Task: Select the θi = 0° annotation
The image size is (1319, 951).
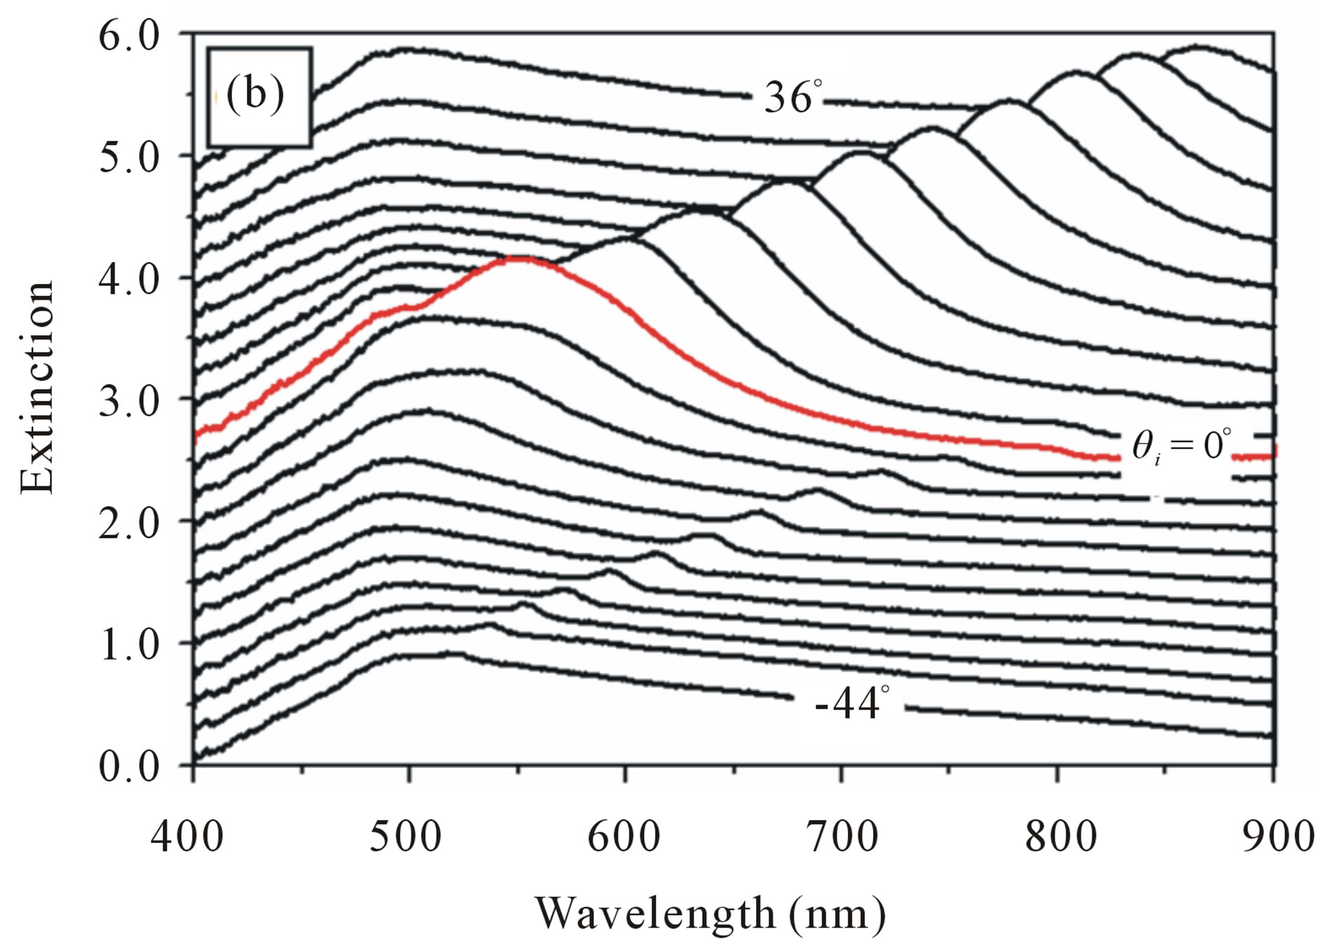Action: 1182,446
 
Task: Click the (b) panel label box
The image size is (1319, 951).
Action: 259,97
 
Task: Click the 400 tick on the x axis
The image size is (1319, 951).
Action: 188,836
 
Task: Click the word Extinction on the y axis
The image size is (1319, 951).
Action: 36,388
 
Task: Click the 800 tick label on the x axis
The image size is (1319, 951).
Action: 1059,836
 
